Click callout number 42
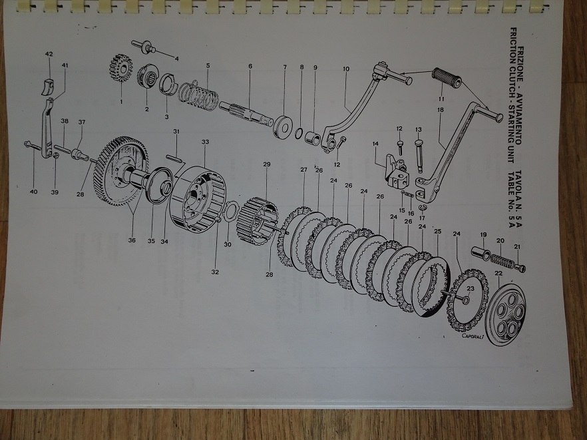click(49, 53)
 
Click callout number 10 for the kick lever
click(346, 69)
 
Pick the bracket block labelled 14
click(395, 172)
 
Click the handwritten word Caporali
click(475, 336)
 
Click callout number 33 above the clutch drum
click(205, 142)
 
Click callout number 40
click(33, 192)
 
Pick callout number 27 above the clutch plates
click(303, 170)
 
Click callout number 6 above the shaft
click(250, 67)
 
